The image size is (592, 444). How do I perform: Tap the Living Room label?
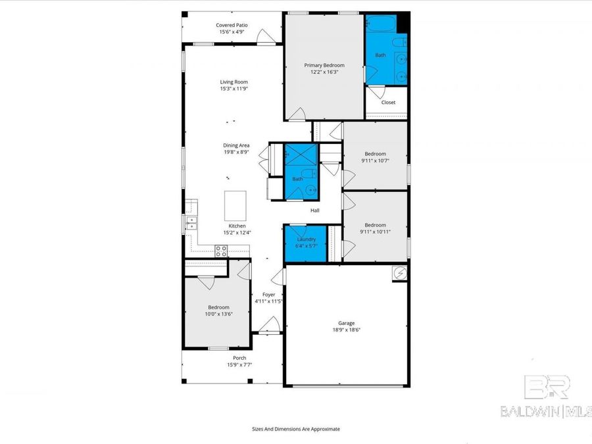[234, 82]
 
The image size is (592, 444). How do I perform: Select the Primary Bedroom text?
[324, 65]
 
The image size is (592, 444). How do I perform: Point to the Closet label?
[388, 103]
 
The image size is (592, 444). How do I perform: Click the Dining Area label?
[235, 145]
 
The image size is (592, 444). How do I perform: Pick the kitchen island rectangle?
[235, 206]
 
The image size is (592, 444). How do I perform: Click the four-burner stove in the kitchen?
[222, 251]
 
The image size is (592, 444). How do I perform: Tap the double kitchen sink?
[191, 223]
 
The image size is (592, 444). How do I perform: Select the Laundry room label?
[307, 239]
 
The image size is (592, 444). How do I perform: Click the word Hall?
[315, 210]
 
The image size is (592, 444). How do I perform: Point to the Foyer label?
[268, 295]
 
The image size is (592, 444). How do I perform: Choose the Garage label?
[347, 323]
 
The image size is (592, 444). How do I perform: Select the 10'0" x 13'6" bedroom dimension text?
[219, 314]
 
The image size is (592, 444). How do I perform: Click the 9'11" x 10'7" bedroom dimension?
[375, 160]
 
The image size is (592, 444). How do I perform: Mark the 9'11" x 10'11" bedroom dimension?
[375, 231]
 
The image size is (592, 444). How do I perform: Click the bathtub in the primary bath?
[380, 24]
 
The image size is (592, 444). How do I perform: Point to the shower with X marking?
[301, 158]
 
